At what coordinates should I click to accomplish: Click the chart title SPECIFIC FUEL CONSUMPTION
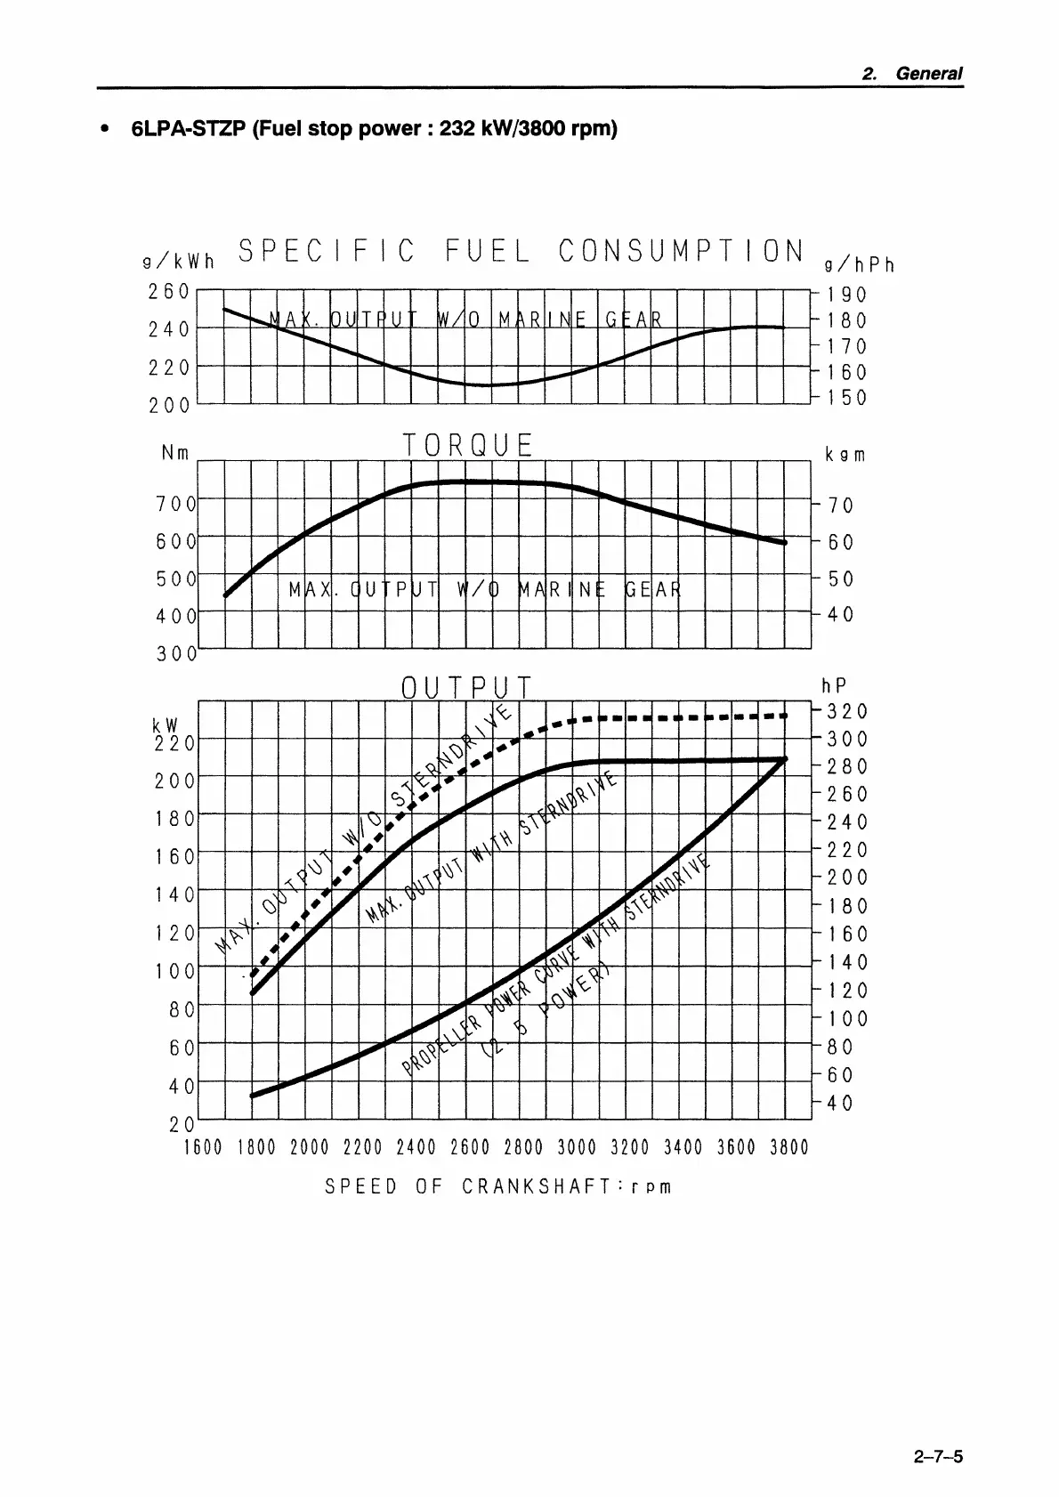click(x=521, y=252)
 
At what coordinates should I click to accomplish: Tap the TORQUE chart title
click(x=467, y=445)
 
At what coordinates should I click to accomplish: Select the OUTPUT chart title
click(x=466, y=688)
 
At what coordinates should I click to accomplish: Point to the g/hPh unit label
click(x=859, y=264)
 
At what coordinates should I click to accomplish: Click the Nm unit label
click(x=175, y=453)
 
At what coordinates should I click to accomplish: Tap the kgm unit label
click(x=845, y=455)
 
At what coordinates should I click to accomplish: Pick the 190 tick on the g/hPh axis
click(x=846, y=295)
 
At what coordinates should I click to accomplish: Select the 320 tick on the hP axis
click(x=846, y=711)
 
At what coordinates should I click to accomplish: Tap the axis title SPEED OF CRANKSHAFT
click(x=497, y=1186)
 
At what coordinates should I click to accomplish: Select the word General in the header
click(x=929, y=74)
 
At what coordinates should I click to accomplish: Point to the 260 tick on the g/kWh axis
click(x=169, y=291)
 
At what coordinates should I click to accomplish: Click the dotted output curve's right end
click(x=785, y=715)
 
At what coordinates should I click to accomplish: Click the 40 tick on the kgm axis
click(x=840, y=614)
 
